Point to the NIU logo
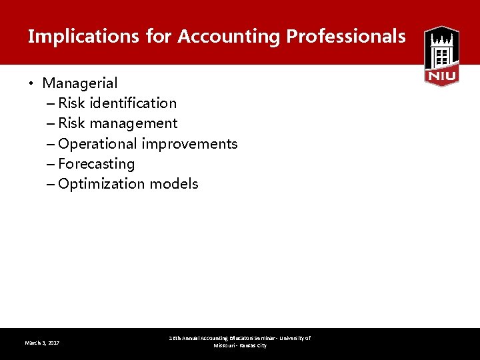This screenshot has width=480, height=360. click(x=441, y=56)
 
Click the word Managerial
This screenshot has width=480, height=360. click(x=80, y=83)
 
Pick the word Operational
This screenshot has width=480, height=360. click(x=97, y=144)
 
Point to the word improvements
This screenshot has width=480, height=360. click(x=189, y=144)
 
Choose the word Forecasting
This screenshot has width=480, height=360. click(x=97, y=164)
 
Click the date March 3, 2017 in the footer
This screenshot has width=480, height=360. click(x=42, y=343)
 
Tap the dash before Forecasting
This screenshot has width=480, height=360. click(x=52, y=164)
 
